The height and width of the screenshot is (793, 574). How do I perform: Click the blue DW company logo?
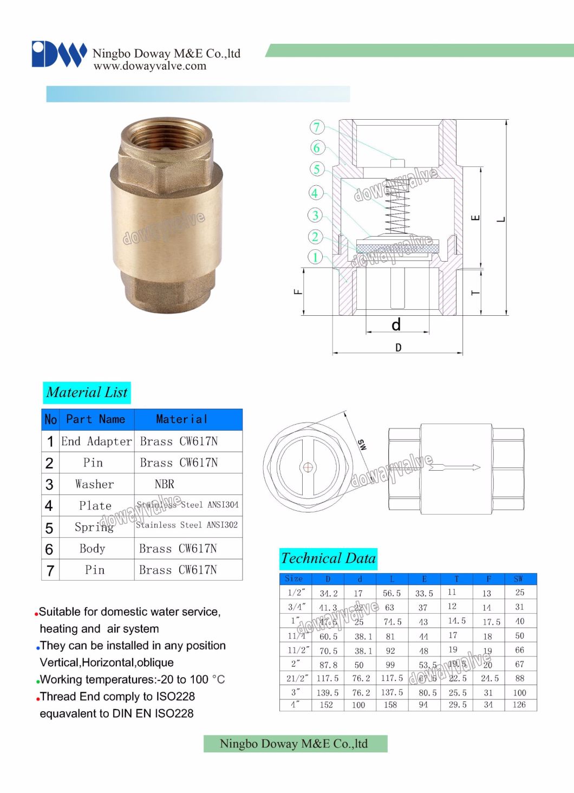tap(58, 54)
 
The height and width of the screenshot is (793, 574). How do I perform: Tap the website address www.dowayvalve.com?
tap(150, 66)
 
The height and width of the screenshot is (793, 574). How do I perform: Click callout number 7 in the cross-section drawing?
tap(317, 127)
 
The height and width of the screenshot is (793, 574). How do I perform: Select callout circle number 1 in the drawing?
tap(315, 257)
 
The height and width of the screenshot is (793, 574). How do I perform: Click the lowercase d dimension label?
tap(396, 324)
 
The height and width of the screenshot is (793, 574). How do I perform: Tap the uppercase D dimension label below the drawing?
tap(399, 348)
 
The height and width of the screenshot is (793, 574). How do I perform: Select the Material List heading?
tap(87, 392)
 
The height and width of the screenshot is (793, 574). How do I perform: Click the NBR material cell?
tap(165, 484)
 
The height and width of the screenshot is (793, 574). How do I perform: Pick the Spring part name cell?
tap(94, 526)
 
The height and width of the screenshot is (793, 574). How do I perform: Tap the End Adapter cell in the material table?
tap(96, 441)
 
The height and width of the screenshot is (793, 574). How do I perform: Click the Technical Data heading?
tap(328, 558)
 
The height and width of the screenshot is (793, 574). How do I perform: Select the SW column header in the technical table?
tap(519, 579)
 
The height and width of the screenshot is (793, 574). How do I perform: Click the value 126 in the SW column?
tap(519, 705)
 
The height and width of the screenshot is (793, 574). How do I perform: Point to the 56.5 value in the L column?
tap(392, 593)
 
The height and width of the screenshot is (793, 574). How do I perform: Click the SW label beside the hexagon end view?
tap(362, 445)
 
